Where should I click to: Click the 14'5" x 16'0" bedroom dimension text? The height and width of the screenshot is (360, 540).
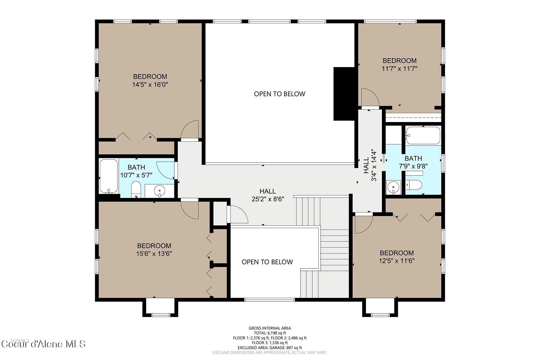(x=150, y=85)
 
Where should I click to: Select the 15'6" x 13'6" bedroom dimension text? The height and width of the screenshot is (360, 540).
(x=154, y=254)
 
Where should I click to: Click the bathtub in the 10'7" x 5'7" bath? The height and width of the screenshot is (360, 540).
(x=108, y=176)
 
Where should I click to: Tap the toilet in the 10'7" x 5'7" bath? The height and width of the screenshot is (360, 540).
(x=136, y=190)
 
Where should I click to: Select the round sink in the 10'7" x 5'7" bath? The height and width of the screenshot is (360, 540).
(x=159, y=190)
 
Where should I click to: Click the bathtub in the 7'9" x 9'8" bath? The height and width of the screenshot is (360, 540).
(x=423, y=135)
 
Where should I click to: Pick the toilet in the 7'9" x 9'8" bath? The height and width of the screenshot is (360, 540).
(x=414, y=185)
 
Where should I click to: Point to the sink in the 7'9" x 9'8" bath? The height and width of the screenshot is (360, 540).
(x=393, y=187)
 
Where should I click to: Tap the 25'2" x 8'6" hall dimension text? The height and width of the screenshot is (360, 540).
(x=268, y=199)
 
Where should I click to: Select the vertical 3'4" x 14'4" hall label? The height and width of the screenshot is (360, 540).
(x=370, y=165)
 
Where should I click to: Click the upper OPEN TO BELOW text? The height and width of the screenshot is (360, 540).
(x=279, y=94)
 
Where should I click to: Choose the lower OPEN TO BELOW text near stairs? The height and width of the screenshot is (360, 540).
(x=267, y=262)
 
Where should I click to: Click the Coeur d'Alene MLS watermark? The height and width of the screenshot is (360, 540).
(x=43, y=344)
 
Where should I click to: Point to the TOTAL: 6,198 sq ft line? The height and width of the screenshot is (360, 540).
(x=269, y=333)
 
